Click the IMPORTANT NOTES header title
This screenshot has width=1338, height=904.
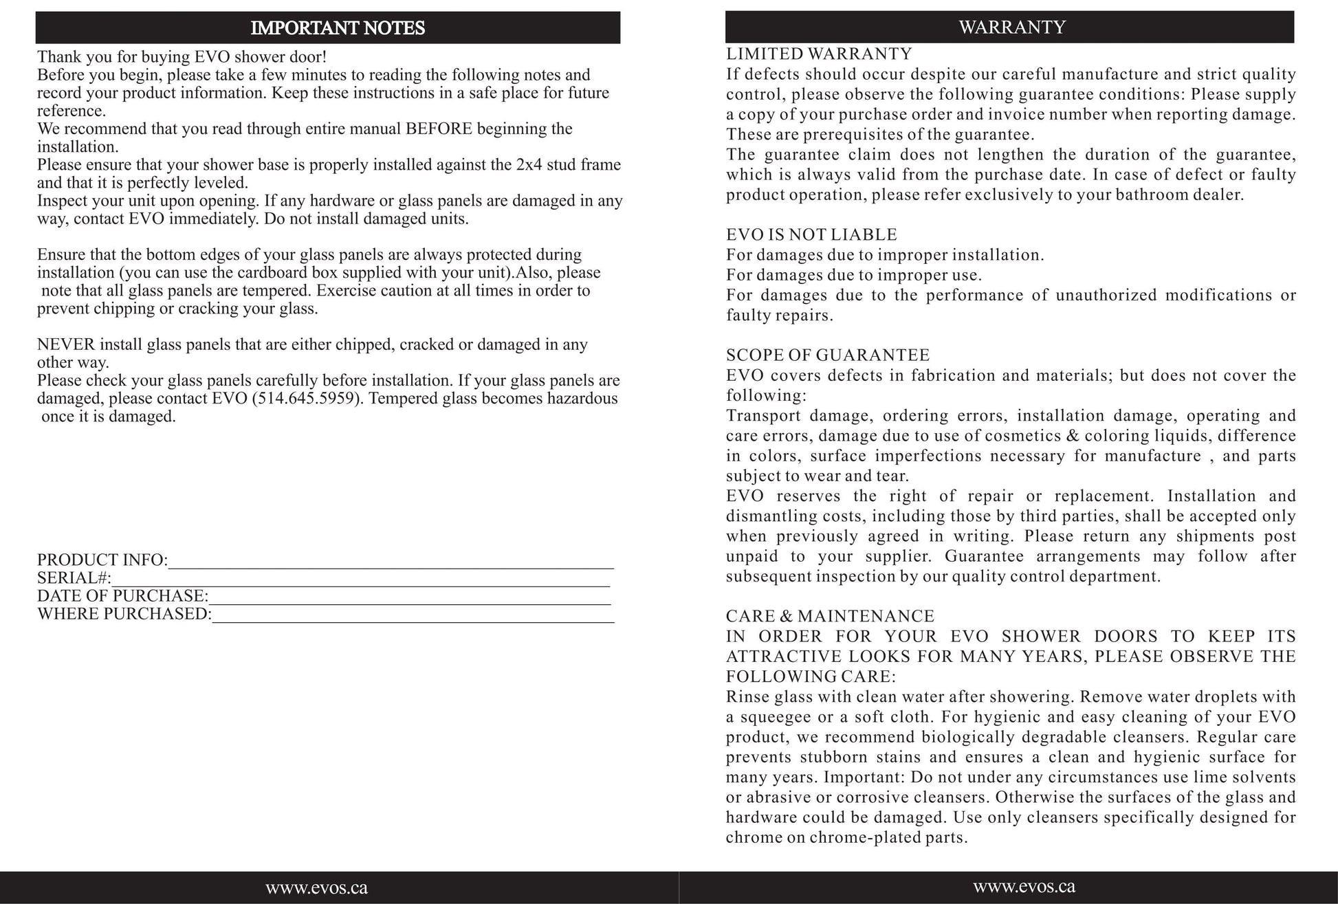[338, 28]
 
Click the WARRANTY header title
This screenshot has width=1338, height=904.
[1012, 27]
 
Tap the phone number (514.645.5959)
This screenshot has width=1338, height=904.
[307, 399]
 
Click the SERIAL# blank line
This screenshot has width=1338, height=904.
[360, 580]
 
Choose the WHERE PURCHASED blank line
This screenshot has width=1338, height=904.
[413, 616]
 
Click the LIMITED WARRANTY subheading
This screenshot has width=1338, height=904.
[819, 54]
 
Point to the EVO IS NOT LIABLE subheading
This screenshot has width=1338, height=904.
[811, 235]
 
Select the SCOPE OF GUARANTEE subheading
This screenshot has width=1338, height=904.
[828, 355]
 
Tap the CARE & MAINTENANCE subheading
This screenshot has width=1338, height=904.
[830, 616]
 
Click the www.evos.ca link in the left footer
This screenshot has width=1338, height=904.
[317, 888]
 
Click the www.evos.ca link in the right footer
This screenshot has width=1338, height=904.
[1024, 887]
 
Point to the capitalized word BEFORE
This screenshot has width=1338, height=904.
[439, 129]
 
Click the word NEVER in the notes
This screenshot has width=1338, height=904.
[66, 345]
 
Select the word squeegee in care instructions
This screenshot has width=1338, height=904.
[773, 718]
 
